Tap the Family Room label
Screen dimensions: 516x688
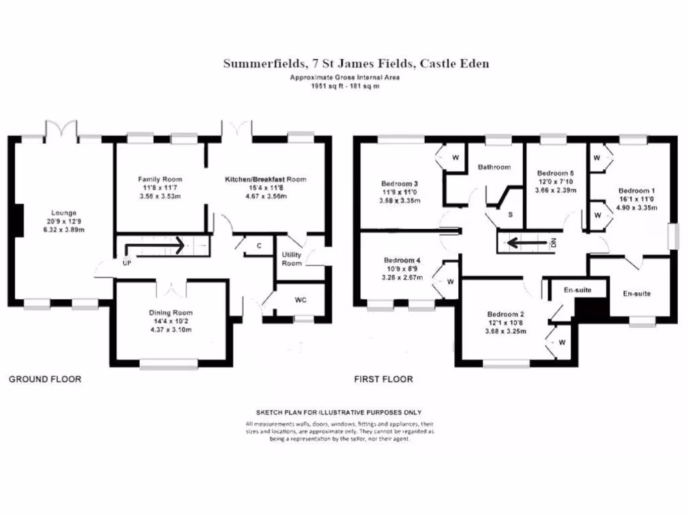click(160, 179)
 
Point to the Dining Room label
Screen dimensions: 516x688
click(171, 312)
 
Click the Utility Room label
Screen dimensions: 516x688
click(292, 259)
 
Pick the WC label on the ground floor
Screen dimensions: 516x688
click(300, 300)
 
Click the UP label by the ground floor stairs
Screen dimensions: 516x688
click(126, 263)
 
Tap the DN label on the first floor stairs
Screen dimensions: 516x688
click(554, 243)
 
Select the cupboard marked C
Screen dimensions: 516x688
click(258, 246)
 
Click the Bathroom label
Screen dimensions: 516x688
click(494, 167)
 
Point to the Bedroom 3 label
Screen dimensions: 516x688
click(400, 183)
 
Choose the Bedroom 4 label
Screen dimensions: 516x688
click(402, 261)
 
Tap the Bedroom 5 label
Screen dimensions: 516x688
click(555, 173)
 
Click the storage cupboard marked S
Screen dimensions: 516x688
click(511, 215)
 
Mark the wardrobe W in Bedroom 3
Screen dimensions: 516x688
click(455, 158)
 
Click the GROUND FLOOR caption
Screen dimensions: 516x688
click(45, 380)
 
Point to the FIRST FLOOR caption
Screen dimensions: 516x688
click(384, 380)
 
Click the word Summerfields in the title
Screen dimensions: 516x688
click(262, 64)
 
